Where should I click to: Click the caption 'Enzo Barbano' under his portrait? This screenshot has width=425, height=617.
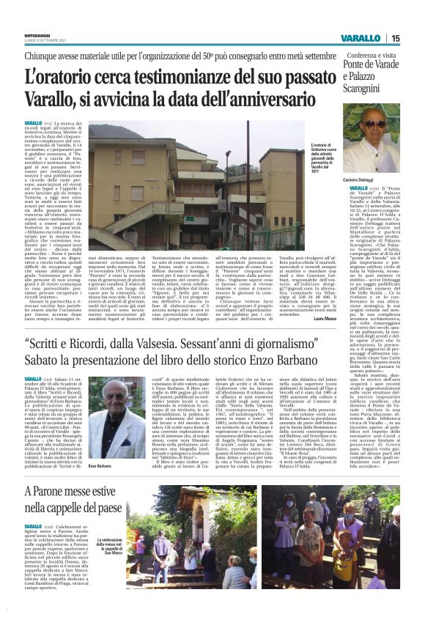pyautogui.click(x=98, y=466)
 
